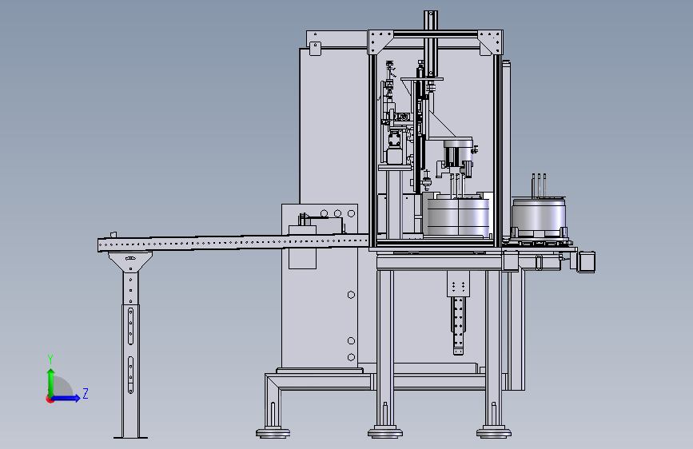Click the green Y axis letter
50,360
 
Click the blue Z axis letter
86,393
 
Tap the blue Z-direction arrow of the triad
66,398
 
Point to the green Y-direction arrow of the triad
51,383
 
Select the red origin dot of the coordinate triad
50,399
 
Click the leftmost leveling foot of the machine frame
273,433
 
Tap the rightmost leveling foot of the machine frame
494,433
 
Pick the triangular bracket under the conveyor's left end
130,261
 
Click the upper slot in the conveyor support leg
130,326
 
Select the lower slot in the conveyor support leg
130,375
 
